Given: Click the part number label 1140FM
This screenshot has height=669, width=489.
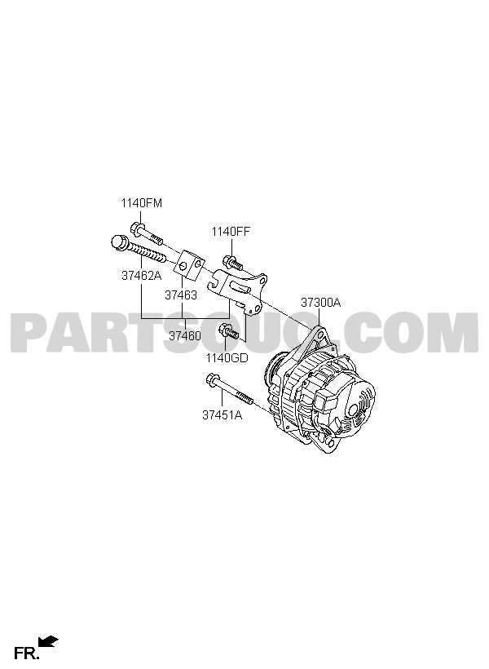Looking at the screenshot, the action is (142, 203).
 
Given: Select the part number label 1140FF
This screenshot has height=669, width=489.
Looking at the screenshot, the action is (231, 232).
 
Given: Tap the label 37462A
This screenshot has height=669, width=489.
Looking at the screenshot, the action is (142, 276).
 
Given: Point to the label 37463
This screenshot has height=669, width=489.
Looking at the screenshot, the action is (181, 295).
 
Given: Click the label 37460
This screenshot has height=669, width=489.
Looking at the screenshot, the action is (185, 336).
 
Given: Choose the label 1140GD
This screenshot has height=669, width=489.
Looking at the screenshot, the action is (227, 357).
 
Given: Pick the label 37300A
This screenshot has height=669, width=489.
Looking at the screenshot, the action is (320, 303).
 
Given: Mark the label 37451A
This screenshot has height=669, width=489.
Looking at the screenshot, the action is (222, 414).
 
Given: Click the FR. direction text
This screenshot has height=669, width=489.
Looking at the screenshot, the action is (26, 653).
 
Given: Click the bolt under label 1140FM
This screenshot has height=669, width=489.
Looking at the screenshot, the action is (147, 234).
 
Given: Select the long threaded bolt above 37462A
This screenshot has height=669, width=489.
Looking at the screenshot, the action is (138, 249).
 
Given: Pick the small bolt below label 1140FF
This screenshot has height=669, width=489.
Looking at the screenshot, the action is (232, 263).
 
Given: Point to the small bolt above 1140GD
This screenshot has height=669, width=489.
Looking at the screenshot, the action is (228, 332).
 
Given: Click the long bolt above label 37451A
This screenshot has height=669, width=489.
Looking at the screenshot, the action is (229, 388).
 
